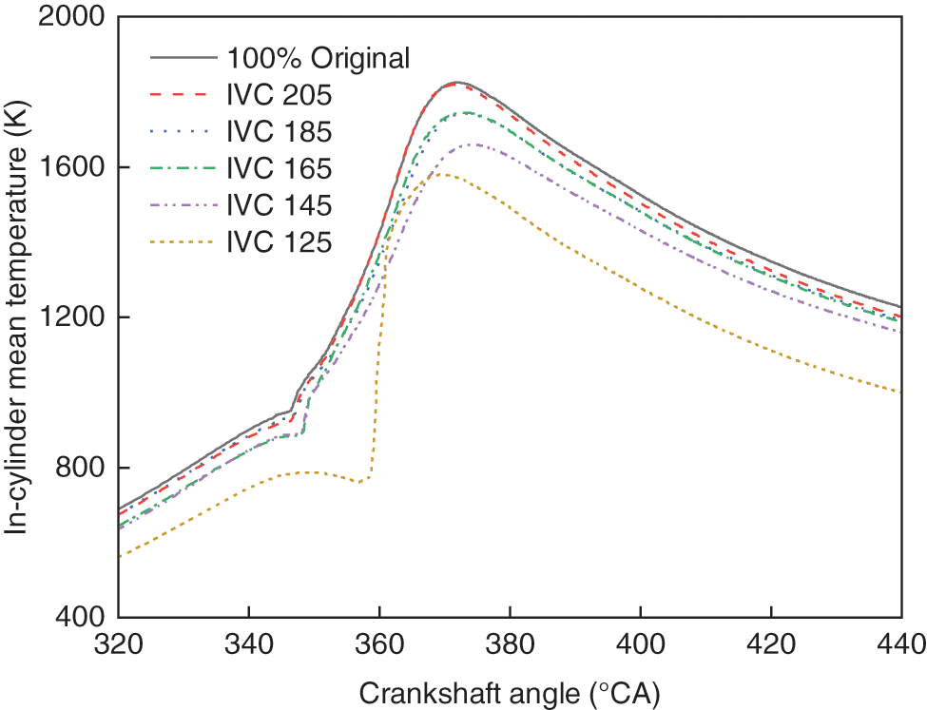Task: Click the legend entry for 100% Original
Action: (x=318, y=58)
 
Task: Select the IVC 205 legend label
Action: (x=279, y=95)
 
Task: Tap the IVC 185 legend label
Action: (x=279, y=132)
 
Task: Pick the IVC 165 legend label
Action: (x=279, y=169)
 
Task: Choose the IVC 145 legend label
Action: (x=279, y=206)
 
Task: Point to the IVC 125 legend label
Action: (x=279, y=243)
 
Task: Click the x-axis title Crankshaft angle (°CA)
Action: (x=509, y=692)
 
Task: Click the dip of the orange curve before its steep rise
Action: (x=359, y=482)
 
